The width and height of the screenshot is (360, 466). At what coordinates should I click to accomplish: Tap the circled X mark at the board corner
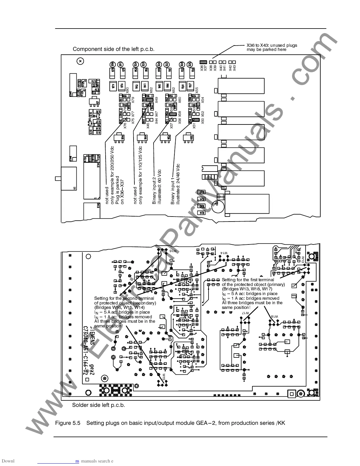[80, 61]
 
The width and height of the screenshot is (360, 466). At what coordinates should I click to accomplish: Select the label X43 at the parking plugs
[234, 68]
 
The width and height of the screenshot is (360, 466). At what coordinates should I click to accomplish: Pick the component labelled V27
[190, 86]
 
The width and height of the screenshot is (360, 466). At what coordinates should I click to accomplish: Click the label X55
[197, 90]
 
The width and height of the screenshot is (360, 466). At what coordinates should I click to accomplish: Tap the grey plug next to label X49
[149, 100]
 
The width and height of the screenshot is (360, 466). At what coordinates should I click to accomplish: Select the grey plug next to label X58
[173, 114]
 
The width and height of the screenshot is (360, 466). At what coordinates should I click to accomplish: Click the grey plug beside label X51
[196, 120]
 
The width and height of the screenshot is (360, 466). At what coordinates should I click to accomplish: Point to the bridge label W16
[173, 251]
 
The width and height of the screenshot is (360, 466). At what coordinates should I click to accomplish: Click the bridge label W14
[225, 253]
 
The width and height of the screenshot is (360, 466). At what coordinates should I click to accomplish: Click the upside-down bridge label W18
[274, 316]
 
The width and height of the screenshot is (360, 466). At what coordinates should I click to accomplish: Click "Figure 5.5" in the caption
[68, 423]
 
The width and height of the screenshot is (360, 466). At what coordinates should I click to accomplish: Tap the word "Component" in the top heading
[85, 49]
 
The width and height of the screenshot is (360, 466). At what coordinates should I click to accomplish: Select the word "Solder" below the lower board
[80, 405]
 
